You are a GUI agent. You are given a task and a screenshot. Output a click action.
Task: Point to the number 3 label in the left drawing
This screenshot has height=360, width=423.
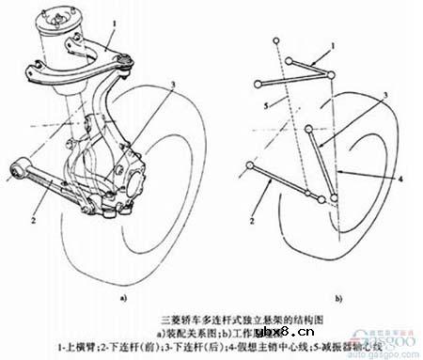[x=174, y=85]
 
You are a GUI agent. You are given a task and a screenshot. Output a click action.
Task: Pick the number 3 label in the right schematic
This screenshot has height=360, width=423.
[x=384, y=97]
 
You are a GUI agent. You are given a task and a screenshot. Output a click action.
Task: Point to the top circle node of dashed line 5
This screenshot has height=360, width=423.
[x=278, y=40]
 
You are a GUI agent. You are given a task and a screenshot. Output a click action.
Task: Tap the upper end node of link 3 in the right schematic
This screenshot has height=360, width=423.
[x=316, y=143]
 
